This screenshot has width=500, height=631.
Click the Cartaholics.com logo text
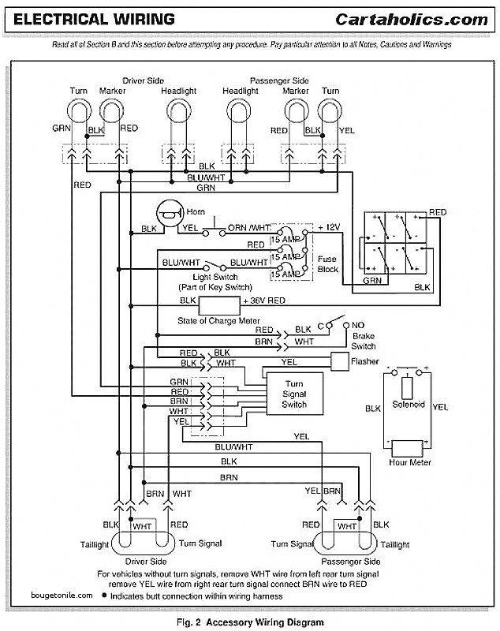click(x=412, y=19)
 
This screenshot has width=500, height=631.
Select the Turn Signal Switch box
click(x=294, y=394)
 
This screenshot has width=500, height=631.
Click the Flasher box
click(x=339, y=361)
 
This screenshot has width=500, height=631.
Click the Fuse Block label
click(x=327, y=263)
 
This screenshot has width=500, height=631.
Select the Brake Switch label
click(x=364, y=341)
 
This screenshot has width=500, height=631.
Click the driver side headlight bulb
click(x=179, y=115)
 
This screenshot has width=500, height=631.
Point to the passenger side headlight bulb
click(x=240, y=115)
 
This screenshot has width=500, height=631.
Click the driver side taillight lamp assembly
click(x=144, y=543)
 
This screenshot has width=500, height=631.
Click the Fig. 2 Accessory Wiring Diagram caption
click(x=250, y=622)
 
